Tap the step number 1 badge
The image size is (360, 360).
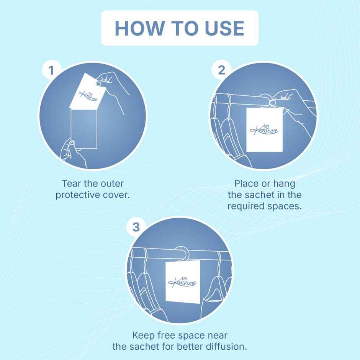pyautogui.click(x=51, y=70)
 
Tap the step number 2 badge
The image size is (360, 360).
pyautogui.click(x=221, y=70)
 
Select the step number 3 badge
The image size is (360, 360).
pyautogui.click(x=136, y=227)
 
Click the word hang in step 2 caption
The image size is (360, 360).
pyautogui.click(x=284, y=184)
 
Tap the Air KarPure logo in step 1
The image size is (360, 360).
pyautogui.click(x=88, y=95)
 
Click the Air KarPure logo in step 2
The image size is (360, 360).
pyautogui.click(x=264, y=129)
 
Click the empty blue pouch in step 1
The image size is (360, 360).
pyautogui.click(x=84, y=129)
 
